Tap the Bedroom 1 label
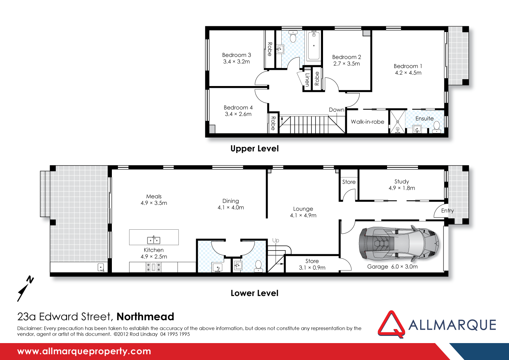pyautogui.click(x=408, y=66)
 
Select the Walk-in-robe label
pyautogui.click(x=367, y=122)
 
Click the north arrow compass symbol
pyautogui.click(x=25, y=288)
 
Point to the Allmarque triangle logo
pyautogui.click(x=391, y=324)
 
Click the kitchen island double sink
pyautogui.click(x=154, y=240)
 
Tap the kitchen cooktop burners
pyautogui.click(x=153, y=267)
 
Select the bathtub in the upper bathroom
pyautogui.click(x=314, y=46)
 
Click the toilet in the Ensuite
pyautogui.click(x=436, y=126)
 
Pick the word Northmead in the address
pyautogui.click(x=145, y=317)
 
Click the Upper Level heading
pyautogui.click(x=254, y=149)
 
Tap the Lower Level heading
pyautogui.click(x=254, y=293)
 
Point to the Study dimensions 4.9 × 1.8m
pyautogui.click(x=402, y=188)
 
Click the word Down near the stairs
pyautogui.click(x=336, y=110)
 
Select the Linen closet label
pyautogui.click(x=307, y=79)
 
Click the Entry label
pyautogui.click(x=447, y=211)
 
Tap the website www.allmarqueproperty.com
pyautogui.click(x=84, y=351)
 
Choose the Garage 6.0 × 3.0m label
pyautogui.click(x=392, y=267)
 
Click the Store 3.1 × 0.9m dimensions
pyautogui.click(x=312, y=267)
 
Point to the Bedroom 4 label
pyautogui.click(x=238, y=108)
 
